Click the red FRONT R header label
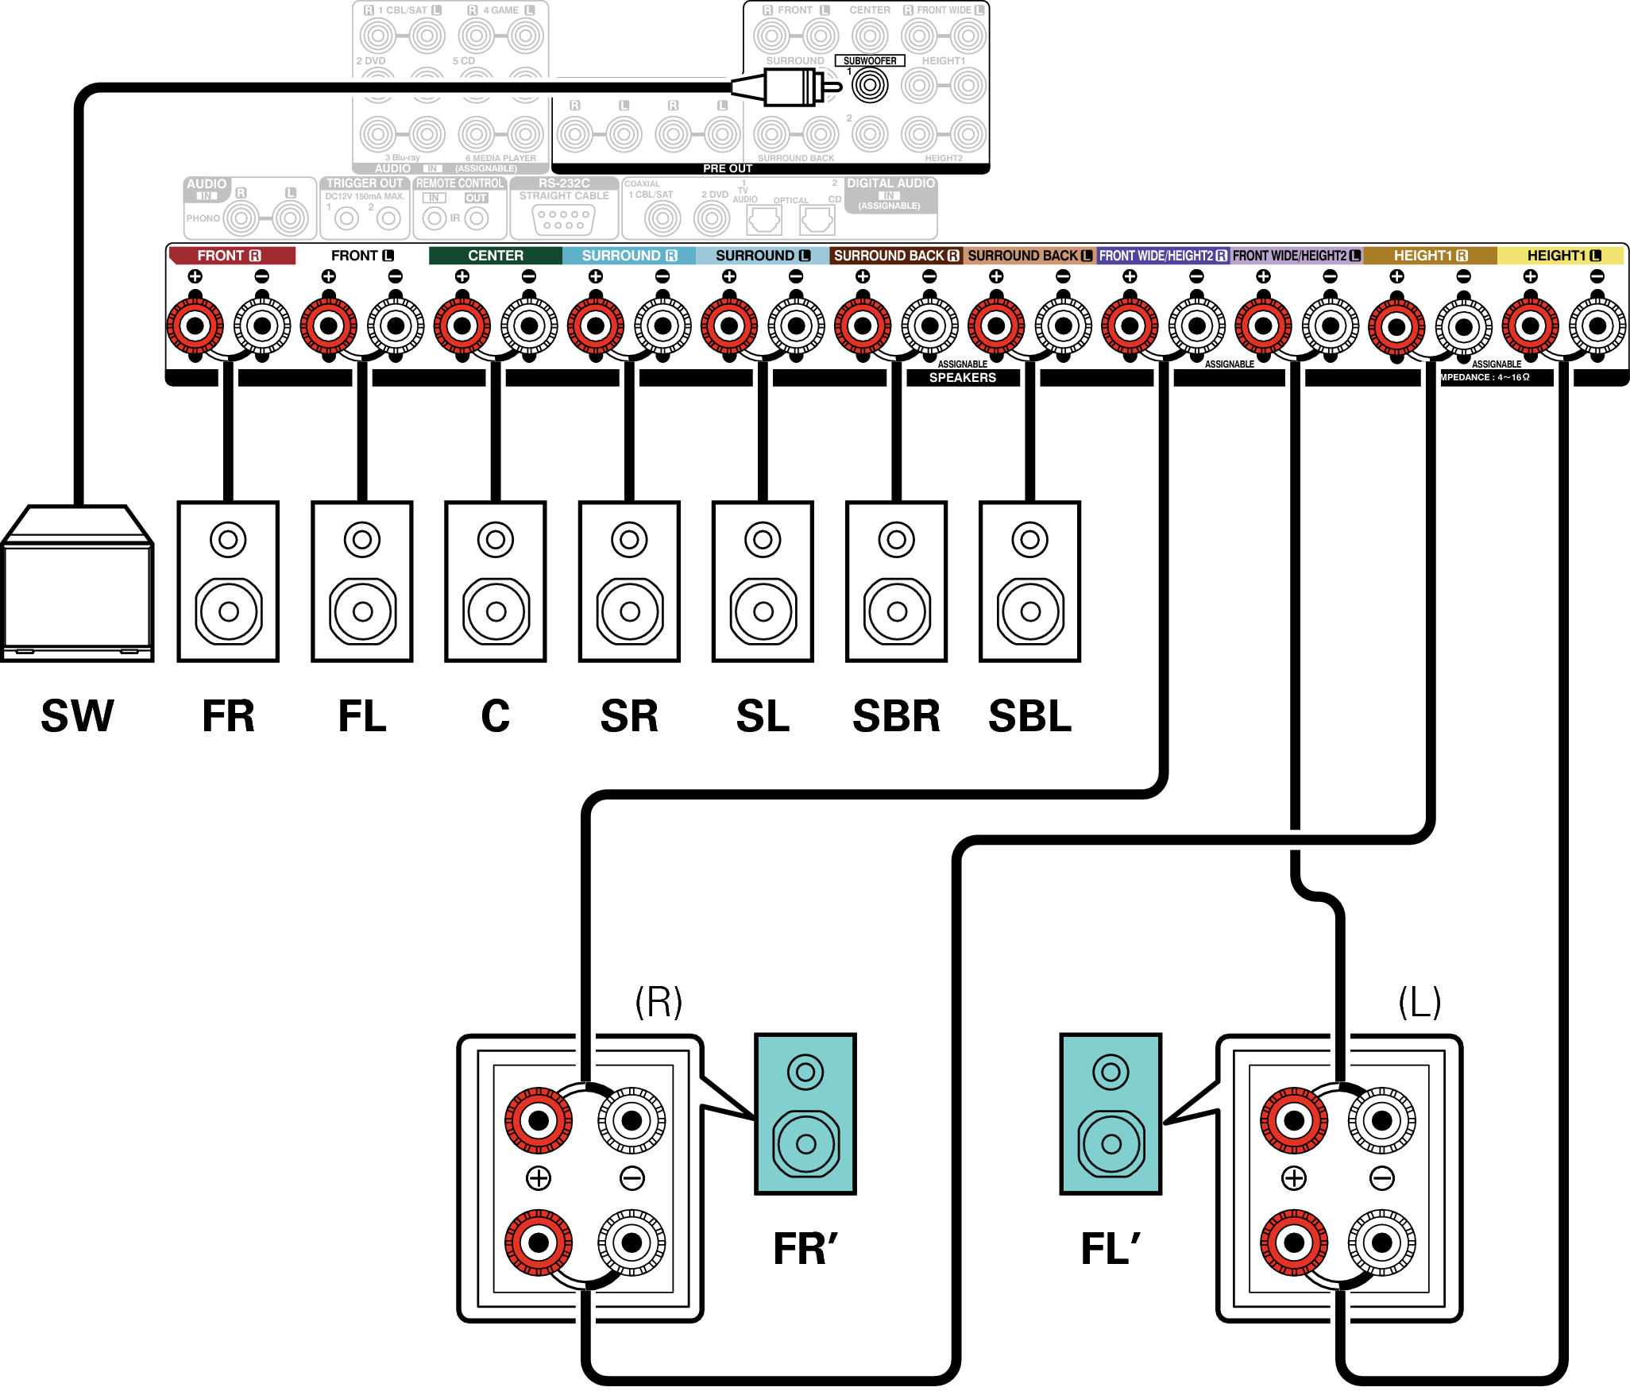(230, 256)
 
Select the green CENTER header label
(496, 256)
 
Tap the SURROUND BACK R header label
(896, 256)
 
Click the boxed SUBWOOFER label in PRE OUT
(870, 60)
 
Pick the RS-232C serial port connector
(564, 219)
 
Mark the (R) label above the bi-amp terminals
(659, 1002)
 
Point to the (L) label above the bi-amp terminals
(1419, 1002)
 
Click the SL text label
(763, 716)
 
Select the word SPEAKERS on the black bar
(963, 378)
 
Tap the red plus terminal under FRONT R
(195, 326)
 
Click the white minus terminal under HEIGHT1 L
(1597, 326)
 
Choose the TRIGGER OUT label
(365, 183)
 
